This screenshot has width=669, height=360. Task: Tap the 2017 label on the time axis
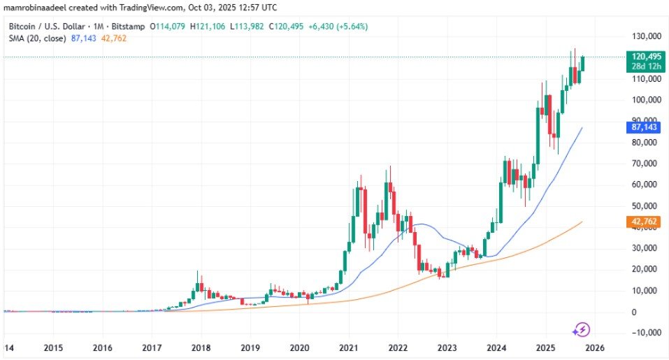tap(152, 347)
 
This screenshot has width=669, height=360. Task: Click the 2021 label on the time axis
tap(349, 347)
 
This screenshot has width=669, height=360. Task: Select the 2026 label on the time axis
tap(595, 347)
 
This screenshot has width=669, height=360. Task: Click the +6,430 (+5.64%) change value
tap(339, 27)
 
